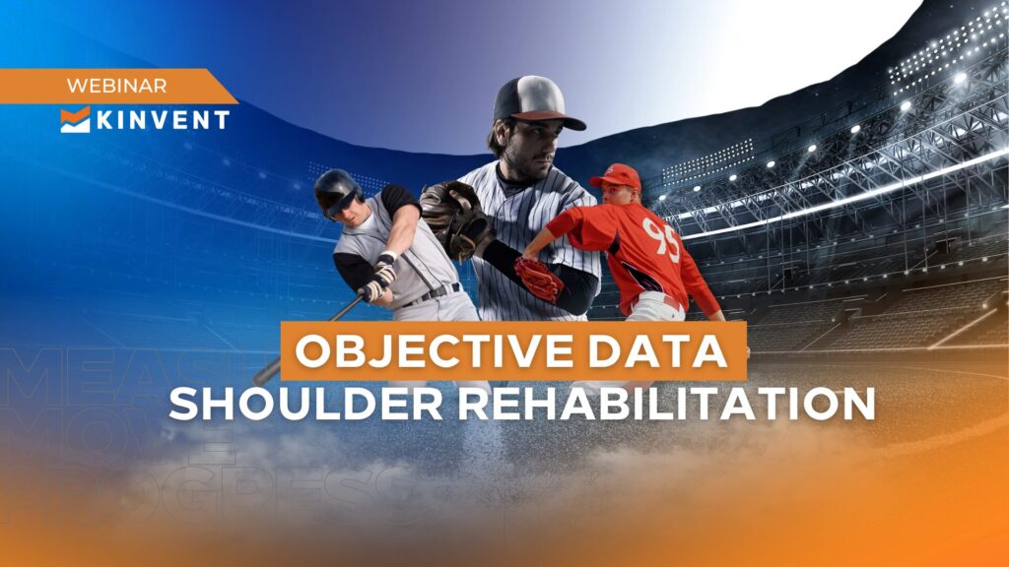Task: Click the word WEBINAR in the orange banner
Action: pyautogui.click(x=116, y=86)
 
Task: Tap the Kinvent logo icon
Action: pyautogui.click(x=75, y=119)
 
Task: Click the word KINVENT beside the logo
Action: pyautogui.click(x=162, y=120)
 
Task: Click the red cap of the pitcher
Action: pyautogui.click(x=617, y=177)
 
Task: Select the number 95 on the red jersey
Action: pyautogui.click(x=661, y=238)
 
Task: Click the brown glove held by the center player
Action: pyautogui.click(x=456, y=220)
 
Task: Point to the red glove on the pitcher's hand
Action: pyautogui.click(x=541, y=279)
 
